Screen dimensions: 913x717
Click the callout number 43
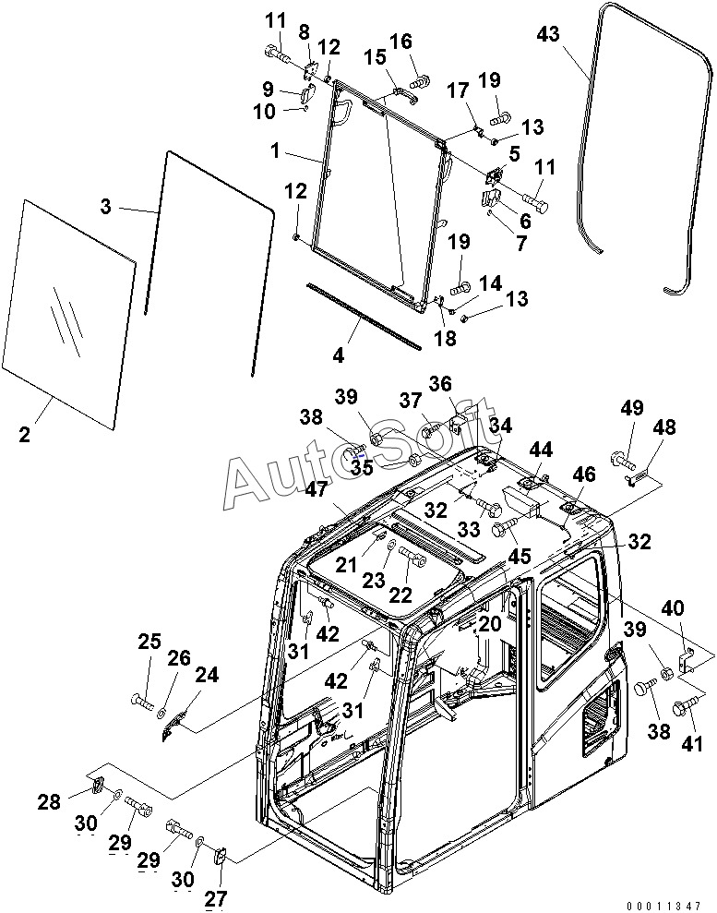tap(548, 34)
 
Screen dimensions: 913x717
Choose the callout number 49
tap(632, 409)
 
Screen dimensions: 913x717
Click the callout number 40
tap(675, 609)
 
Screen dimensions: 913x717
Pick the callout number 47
tap(317, 490)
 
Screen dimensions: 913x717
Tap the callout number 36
tap(441, 384)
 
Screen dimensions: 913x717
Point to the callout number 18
tap(445, 339)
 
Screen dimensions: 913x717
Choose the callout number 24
tap(207, 676)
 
